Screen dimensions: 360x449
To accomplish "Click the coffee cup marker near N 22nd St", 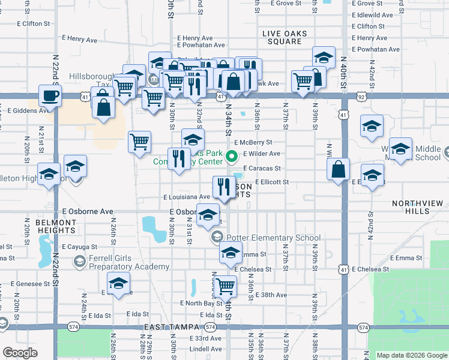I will point(50,95).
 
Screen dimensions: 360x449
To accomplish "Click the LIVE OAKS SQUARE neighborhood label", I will point(285,36).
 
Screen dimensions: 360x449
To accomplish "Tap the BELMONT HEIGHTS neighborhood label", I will point(56,226).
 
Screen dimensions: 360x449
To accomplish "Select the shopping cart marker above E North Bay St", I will point(226,286).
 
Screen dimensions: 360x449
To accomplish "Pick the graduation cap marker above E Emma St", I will point(230,254).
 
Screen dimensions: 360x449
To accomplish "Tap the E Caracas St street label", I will point(262,169).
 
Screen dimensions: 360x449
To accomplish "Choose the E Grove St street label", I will point(285,4).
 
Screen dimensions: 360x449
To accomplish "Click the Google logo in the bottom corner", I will point(20,353).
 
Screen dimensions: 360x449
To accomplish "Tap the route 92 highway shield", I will point(361,95).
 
